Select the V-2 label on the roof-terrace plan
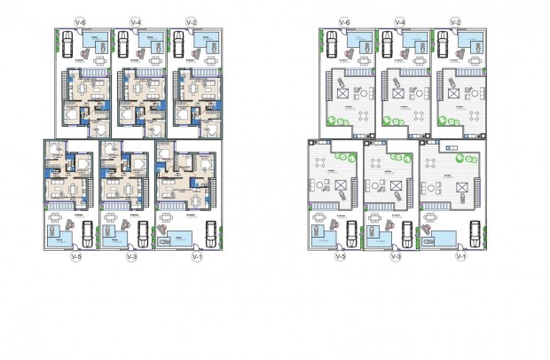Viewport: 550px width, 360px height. (455, 20)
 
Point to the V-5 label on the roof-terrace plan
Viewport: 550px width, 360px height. (340, 257)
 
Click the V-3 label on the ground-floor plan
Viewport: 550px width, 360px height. (132, 257)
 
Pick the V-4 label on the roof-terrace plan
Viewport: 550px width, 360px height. (400, 20)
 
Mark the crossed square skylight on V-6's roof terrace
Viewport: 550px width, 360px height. (340, 92)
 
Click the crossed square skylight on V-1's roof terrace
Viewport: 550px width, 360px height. (460, 185)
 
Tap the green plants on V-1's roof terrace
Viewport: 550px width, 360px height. (460, 159)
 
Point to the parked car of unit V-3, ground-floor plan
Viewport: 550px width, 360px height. (143, 234)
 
